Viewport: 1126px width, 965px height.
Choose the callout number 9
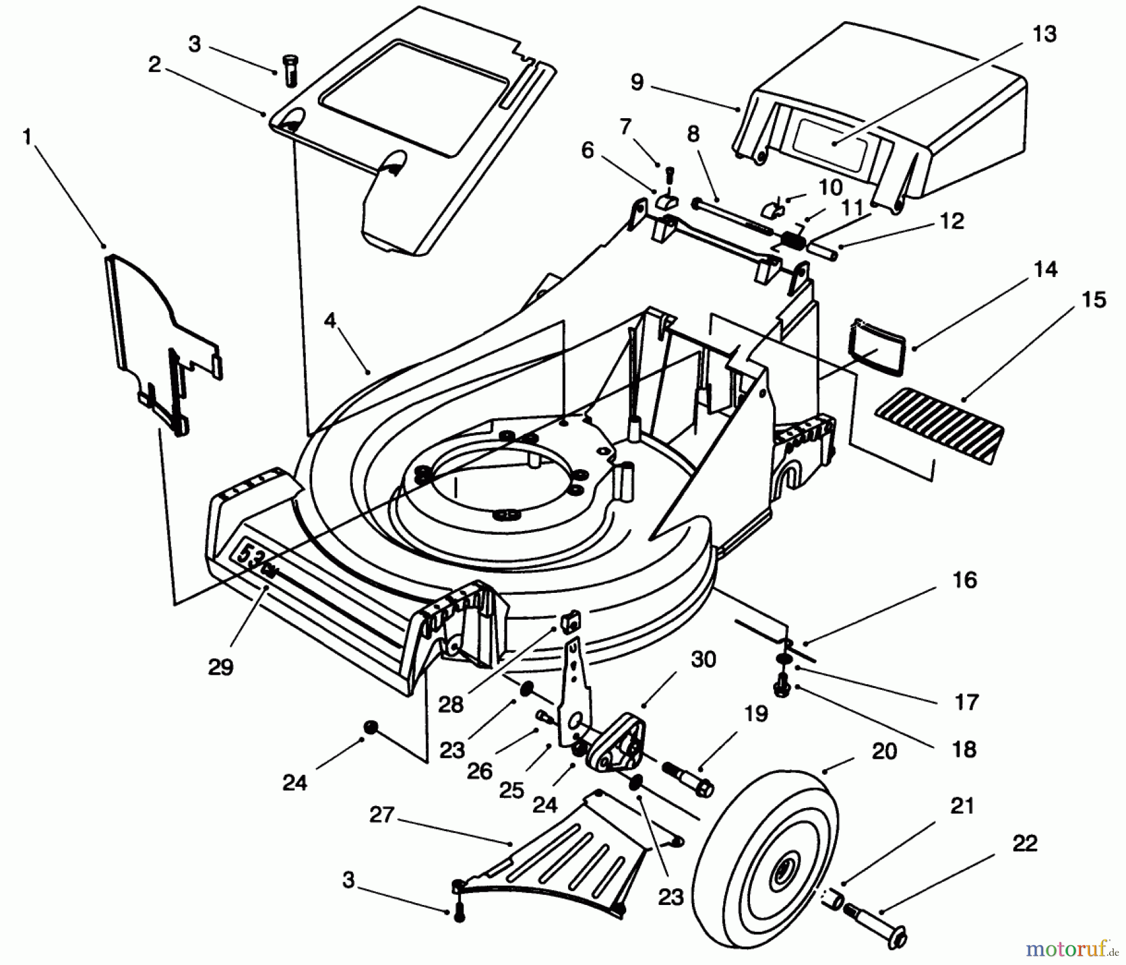[636, 82]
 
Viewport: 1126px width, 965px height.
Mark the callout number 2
[155, 64]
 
